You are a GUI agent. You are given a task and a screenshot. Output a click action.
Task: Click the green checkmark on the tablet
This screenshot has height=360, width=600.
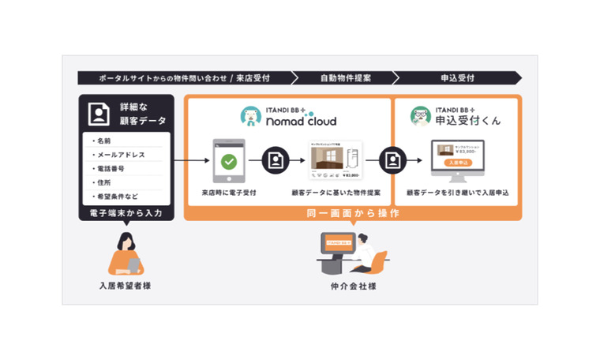point(229,161)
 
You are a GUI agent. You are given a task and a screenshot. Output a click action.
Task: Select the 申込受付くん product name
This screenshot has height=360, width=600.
point(469,122)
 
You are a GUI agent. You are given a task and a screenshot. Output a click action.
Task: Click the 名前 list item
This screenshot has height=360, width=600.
point(104,141)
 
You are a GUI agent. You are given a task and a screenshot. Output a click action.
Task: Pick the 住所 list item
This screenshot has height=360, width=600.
point(104,182)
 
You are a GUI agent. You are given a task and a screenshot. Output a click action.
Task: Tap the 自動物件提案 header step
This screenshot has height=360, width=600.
point(345,78)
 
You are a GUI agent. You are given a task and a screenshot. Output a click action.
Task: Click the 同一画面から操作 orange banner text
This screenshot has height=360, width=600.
point(351,213)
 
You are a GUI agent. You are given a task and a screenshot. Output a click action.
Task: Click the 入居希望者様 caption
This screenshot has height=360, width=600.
point(125,285)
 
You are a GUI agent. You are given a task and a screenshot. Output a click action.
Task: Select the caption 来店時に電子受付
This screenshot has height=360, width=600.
point(228,192)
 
